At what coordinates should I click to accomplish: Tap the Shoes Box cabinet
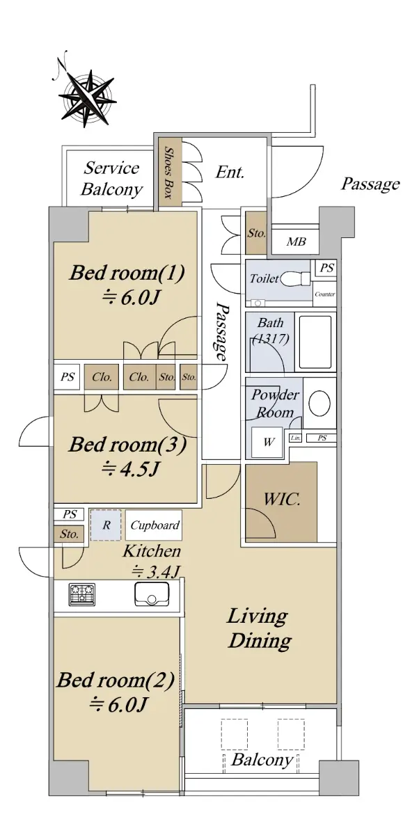168,171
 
